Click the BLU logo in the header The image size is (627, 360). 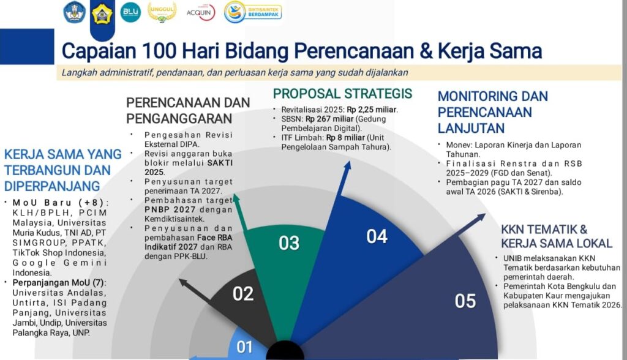[x=131, y=12]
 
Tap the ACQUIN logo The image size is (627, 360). [x=201, y=12]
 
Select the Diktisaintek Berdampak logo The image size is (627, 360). [x=253, y=12]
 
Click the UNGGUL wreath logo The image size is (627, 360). [x=162, y=12]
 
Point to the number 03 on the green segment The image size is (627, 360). [x=289, y=243]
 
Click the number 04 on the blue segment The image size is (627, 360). [x=377, y=236]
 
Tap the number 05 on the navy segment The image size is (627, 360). [x=465, y=301]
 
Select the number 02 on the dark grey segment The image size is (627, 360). [x=243, y=294]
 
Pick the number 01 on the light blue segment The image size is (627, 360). [x=244, y=347]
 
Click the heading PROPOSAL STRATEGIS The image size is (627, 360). [x=342, y=94]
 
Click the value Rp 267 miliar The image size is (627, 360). [x=329, y=119]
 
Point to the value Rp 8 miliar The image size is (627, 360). [x=345, y=138]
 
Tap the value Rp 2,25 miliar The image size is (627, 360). [x=372, y=110]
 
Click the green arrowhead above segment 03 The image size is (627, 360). [x=236, y=198]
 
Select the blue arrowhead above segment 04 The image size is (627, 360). [x=347, y=165]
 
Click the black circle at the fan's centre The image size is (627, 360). [x=285, y=351]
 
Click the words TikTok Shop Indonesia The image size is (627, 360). [x=59, y=253]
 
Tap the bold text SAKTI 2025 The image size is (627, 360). [x=189, y=168]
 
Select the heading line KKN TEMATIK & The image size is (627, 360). [x=544, y=229]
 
